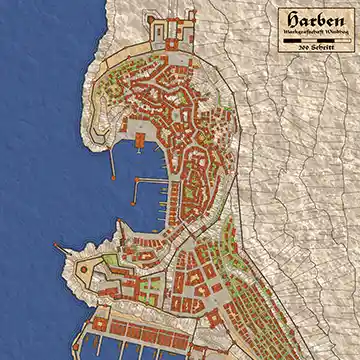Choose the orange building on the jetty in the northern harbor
point(133,131)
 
